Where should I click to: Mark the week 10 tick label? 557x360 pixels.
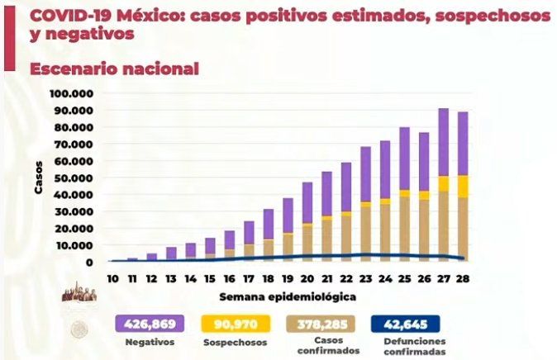(x=111, y=278)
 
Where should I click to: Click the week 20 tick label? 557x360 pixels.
(x=307, y=278)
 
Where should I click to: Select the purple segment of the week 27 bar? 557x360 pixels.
(x=444, y=142)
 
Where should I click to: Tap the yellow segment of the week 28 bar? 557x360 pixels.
(x=463, y=186)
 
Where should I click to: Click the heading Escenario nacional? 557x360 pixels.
(x=114, y=69)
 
